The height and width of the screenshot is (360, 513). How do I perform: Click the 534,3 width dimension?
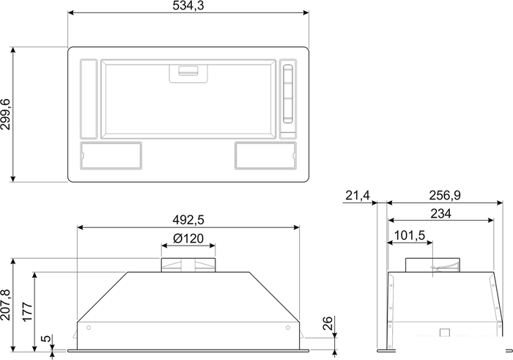coord(188,6)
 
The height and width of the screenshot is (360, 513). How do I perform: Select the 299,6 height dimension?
coord(6,114)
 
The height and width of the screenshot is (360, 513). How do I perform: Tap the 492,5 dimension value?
coord(188,220)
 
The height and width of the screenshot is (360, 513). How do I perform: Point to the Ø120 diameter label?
coord(188,238)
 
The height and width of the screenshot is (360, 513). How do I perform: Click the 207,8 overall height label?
coord(6,305)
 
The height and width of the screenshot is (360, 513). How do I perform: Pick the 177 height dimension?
coord(28,312)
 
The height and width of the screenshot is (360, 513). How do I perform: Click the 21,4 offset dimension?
coord(358,196)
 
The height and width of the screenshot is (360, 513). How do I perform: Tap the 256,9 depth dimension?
coord(445,195)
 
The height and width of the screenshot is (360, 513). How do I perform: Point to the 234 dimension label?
coord(440,213)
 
